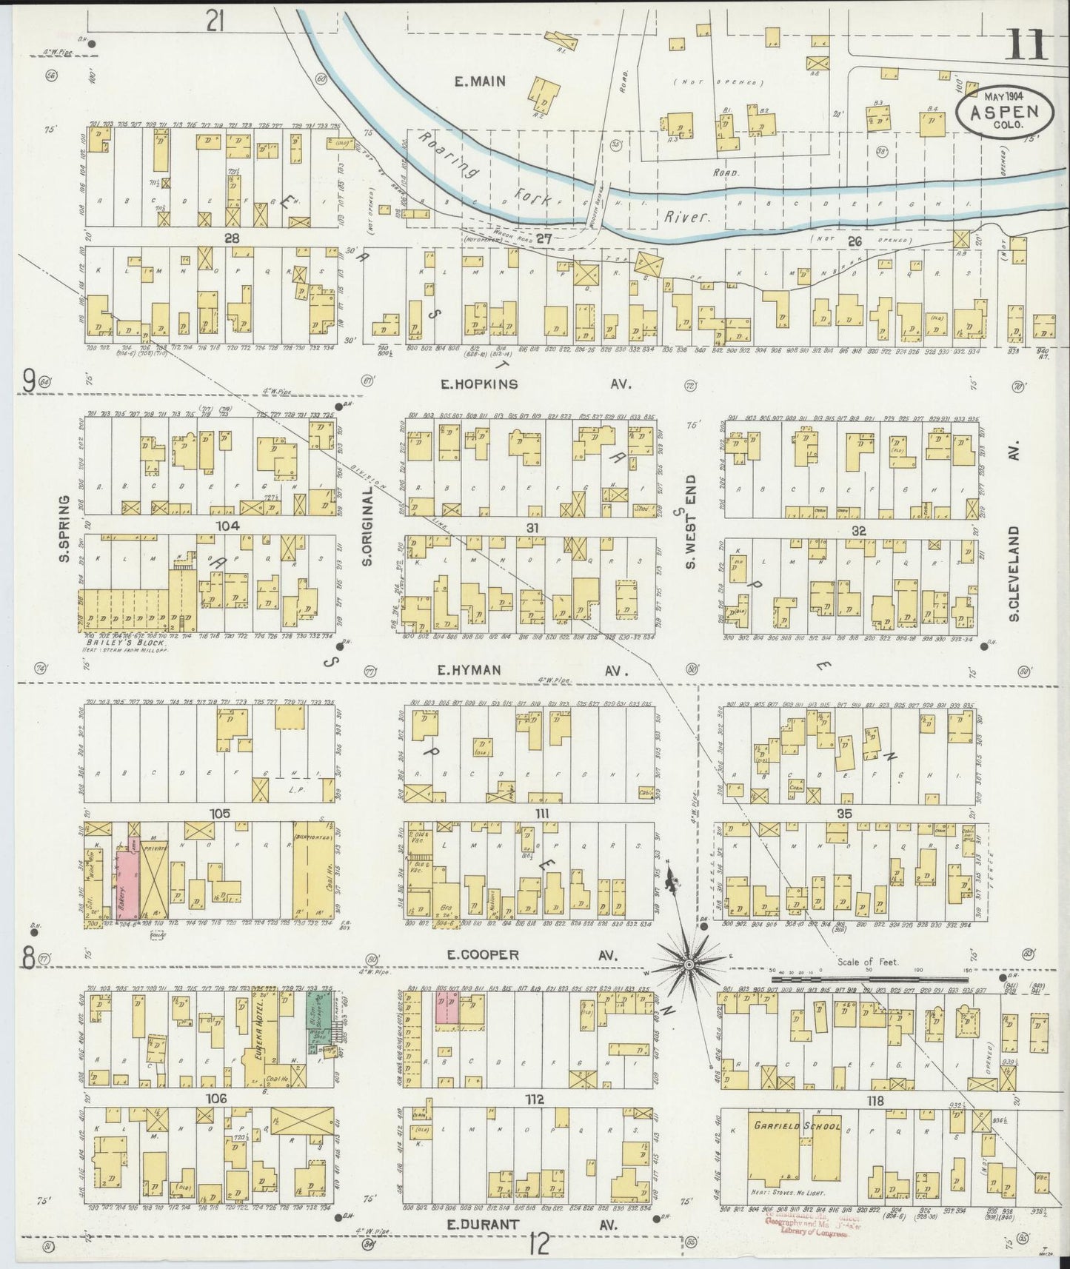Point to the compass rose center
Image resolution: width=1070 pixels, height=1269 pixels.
coord(689,964)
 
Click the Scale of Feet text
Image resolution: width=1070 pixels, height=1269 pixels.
coord(868,962)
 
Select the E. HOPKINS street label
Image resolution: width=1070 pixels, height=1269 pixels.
coord(478,384)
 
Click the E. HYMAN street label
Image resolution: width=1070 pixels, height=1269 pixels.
coord(468,670)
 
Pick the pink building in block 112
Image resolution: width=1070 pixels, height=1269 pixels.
coord(447,1011)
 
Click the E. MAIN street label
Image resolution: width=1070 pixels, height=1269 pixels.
coord(479,81)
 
